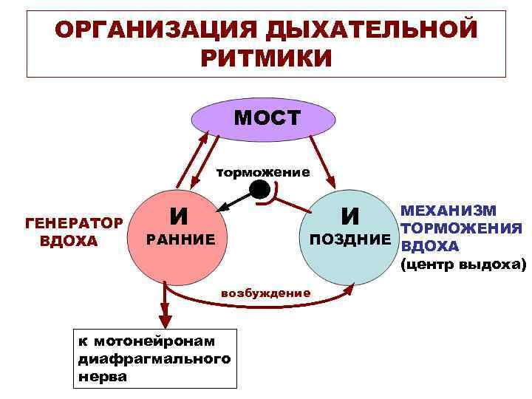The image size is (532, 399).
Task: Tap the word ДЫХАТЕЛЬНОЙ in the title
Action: pos(369,30)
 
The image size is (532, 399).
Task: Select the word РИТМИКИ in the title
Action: pos(266,58)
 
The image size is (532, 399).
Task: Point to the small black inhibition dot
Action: pos(259,191)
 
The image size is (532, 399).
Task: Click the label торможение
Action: pos(262,173)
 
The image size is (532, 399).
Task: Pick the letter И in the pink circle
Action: pos(177,216)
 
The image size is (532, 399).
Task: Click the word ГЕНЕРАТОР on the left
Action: pos(73,223)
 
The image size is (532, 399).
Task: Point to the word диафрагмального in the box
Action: pos(154,358)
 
